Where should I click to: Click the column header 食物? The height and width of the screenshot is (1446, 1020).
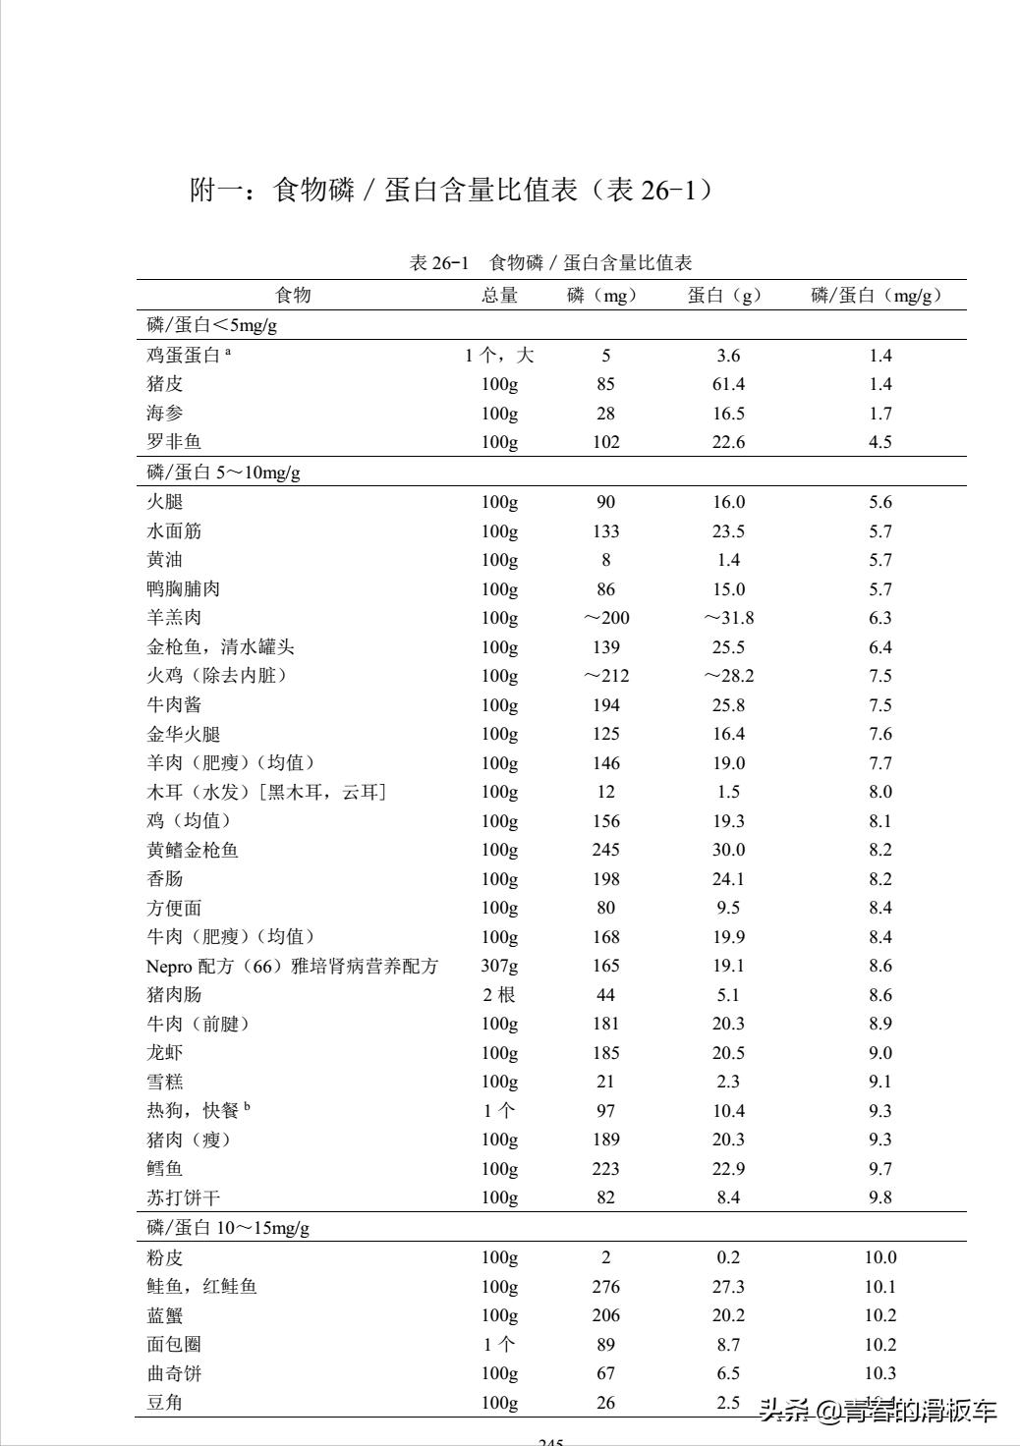pos(293,295)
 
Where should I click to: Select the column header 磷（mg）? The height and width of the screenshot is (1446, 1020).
pos(602,295)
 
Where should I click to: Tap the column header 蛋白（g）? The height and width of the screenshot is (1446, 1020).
pos(725,295)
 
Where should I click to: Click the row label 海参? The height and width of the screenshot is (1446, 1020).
pos(165,414)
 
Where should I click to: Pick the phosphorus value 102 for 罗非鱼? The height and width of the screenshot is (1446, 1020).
pos(606,442)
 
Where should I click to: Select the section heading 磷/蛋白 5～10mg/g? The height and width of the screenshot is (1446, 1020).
pos(224,473)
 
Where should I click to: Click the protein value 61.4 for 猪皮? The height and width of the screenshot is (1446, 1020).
pos(728,384)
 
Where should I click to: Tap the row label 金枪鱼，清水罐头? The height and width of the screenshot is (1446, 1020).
pos(220,647)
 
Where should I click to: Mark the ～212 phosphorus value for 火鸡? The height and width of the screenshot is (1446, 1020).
pos(605,676)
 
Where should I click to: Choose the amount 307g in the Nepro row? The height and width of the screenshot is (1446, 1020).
pos(499,966)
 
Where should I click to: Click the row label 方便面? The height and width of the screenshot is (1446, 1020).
pos(174,908)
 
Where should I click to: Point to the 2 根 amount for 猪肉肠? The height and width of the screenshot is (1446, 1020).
pos(499,995)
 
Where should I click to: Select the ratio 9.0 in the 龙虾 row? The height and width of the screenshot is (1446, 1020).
pos(880,1053)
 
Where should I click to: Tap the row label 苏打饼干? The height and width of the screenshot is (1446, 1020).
pos(184,1197)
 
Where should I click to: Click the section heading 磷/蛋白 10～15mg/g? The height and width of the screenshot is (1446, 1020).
pos(228,1228)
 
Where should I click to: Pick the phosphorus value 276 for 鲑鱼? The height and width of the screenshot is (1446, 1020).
pos(606,1287)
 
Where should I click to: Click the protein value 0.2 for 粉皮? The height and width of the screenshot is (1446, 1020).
pos(728,1257)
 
